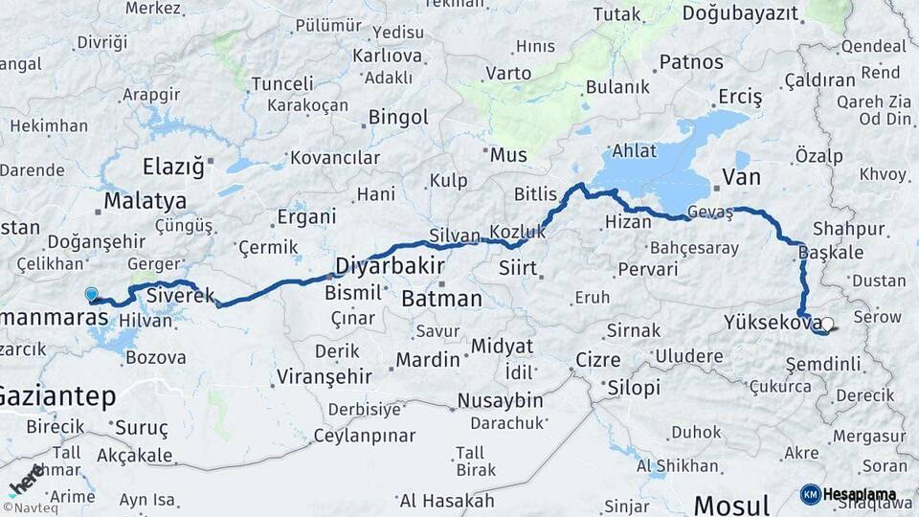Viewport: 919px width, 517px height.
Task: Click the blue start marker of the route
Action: coord(91,295)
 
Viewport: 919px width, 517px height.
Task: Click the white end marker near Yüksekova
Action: coord(827,326)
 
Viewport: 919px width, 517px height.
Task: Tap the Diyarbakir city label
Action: coord(390,265)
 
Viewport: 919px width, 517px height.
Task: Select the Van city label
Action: coord(741,177)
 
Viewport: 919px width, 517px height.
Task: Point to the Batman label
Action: coord(441,299)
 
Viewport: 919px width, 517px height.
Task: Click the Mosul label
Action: coord(731,505)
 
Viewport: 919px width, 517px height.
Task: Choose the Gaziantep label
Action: coord(57,395)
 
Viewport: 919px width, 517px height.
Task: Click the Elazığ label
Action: coord(173,167)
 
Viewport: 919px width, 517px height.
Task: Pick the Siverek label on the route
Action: coord(180,296)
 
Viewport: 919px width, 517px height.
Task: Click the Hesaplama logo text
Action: coord(859,495)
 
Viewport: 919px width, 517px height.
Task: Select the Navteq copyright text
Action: coord(31,507)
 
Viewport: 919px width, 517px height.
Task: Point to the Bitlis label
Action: coord(535,194)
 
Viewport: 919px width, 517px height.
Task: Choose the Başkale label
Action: coord(830,253)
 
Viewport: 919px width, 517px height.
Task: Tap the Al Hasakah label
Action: coord(447,501)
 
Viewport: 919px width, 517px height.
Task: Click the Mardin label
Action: coord(428,361)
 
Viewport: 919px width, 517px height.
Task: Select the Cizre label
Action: coord(597,361)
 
